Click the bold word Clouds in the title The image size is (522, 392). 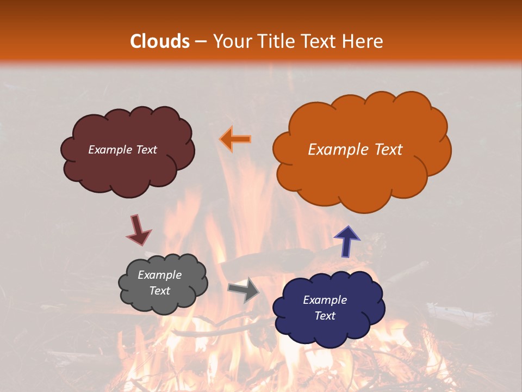(x=160, y=41)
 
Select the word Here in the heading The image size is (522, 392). (x=363, y=41)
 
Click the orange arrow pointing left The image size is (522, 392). (x=235, y=139)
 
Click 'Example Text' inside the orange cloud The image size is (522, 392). (x=355, y=150)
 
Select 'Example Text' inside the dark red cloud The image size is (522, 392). (x=122, y=150)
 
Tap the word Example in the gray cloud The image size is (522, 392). (x=159, y=275)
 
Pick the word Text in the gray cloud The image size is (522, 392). (x=159, y=291)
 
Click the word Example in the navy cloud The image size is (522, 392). (x=325, y=300)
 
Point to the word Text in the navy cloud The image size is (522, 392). (x=325, y=316)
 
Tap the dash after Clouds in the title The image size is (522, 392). (x=200, y=41)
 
